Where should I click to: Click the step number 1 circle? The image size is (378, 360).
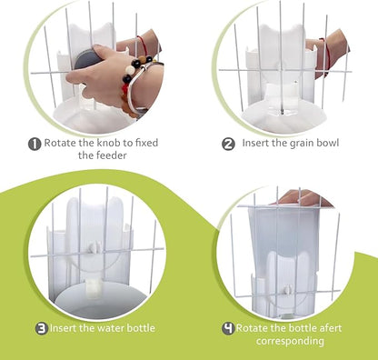click(34, 143)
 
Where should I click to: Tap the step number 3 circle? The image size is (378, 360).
click(42, 328)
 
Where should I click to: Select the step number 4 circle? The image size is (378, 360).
click(229, 327)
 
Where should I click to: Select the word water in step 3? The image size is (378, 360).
click(113, 328)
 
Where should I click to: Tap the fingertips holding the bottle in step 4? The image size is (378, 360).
click(303, 196)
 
